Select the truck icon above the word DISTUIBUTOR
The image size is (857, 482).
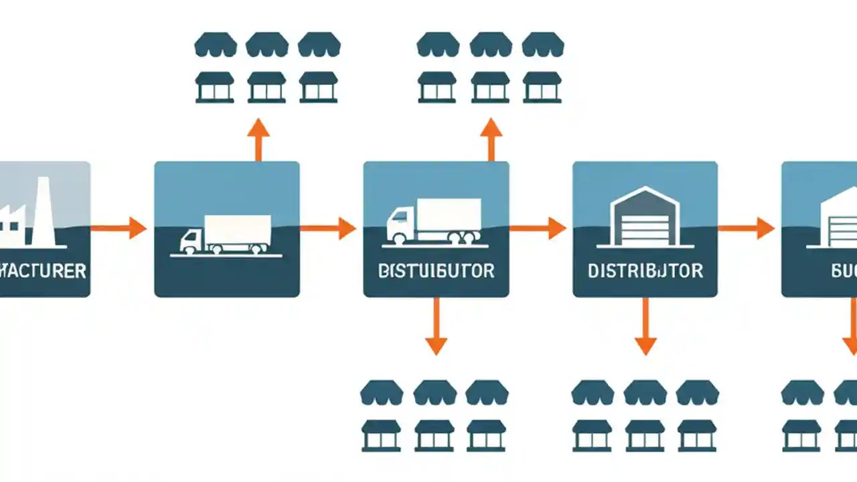point(435,221)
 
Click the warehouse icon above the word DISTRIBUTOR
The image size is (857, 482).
point(644,218)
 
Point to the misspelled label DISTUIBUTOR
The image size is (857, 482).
point(436,271)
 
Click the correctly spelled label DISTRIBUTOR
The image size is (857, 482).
point(645,271)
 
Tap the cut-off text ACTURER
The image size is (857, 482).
point(43,271)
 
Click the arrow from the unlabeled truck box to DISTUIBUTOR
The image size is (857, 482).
point(328,228)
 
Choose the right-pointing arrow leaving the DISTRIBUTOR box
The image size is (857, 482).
point(747,228)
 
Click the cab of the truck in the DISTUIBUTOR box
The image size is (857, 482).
point(400,224)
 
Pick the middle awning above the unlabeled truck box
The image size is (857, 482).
point(267,46)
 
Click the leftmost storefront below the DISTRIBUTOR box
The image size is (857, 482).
point(593,435)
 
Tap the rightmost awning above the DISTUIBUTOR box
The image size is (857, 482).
point(542,46)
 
